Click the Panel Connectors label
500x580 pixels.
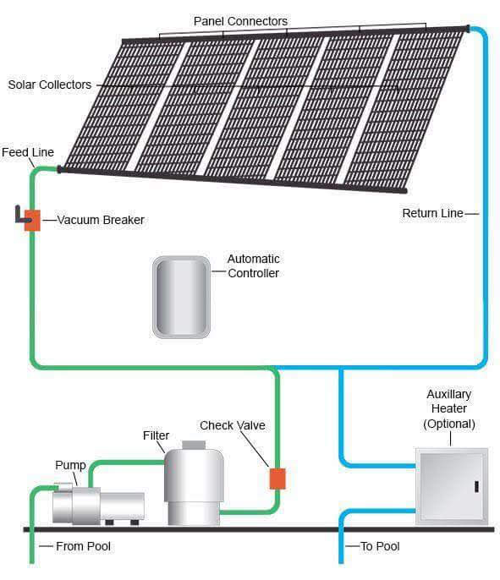coord(240,21)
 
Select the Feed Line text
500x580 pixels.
coord(28,152)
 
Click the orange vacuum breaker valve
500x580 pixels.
coord(32,220)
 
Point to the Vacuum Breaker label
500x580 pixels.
coord(101,220)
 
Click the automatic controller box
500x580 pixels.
coord(181,296)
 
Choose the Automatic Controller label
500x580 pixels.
coord(253,265)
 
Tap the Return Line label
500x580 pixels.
coord(432,213)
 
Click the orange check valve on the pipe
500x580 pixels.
coord(277,479)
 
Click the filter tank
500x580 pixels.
coord(194,486)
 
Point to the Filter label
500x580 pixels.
coord(156,435)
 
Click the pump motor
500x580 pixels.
coord(97,505)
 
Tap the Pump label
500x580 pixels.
coord(70,465)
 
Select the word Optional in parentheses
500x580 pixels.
coord(449,424)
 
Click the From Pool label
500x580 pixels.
coord(83,546)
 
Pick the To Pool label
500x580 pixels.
coord(380,546)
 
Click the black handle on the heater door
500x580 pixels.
coord(475,486)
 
